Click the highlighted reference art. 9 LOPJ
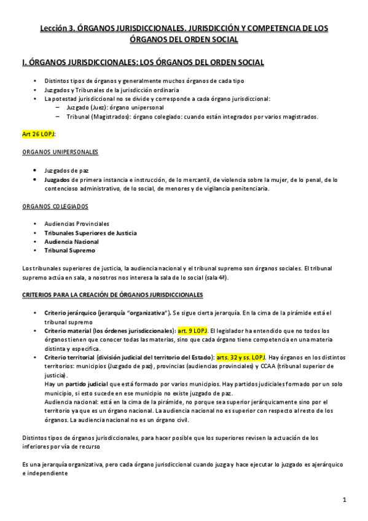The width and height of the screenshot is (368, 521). click(x=193, y=331)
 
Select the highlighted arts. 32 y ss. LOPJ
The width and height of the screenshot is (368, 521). click(x=241, y=357)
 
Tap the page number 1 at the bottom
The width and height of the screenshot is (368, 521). click(x=345, y=499)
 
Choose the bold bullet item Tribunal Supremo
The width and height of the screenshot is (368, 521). click(x=69, y=250)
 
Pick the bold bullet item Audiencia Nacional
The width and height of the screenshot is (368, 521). click(x=71, y=241)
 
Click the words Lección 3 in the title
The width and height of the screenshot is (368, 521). click(x=57, y=28)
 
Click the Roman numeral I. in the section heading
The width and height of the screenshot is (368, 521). click(x=23, y=62)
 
